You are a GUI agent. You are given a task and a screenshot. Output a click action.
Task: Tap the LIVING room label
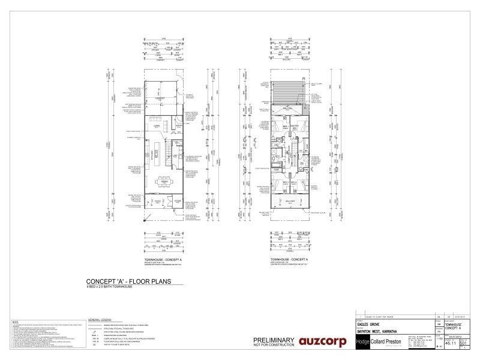155,126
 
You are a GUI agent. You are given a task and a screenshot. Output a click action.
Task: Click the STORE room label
177,201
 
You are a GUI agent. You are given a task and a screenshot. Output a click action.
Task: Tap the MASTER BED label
295,127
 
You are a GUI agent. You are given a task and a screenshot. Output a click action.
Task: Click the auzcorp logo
319,343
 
